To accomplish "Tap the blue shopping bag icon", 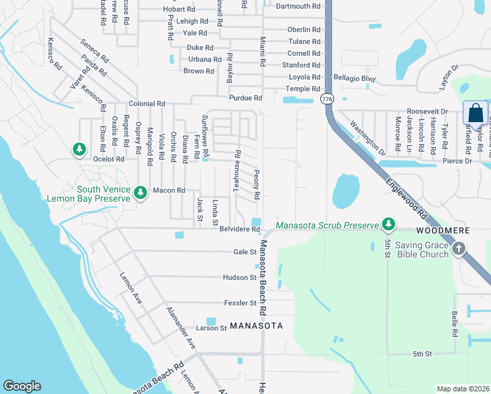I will [475, 113].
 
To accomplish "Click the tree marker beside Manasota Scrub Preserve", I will [389, 225].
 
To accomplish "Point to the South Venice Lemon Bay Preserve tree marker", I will [140, 192].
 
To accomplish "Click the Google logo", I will [22, 386].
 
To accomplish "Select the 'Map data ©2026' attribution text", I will [463, 389].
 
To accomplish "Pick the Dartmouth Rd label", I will [298, 7].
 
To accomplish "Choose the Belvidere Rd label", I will [239, 230].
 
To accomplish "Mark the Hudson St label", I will [239, 278].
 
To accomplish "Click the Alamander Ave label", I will [181, 328].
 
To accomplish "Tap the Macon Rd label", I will [169, 190].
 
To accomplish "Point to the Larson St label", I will [211, 328].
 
